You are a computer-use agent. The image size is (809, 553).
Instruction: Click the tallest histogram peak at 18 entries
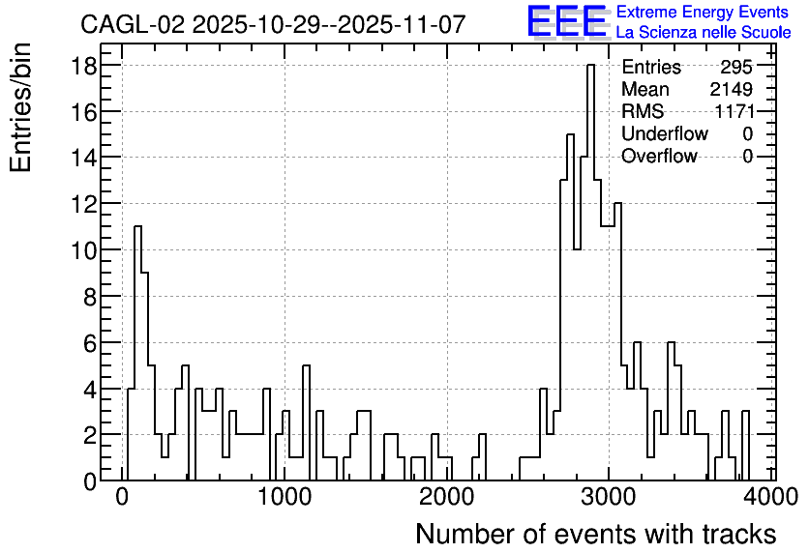[590, 66]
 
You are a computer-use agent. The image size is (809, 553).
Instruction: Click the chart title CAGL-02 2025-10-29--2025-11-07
[273, 24]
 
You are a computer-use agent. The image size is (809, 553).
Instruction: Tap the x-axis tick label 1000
[285, 497]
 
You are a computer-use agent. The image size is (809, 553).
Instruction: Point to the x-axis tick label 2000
[447, 497]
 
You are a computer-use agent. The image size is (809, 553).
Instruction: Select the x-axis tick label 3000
[609, 497]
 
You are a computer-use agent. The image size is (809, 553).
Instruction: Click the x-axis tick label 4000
[771, 497]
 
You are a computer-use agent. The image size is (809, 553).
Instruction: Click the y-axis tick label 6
[90, 343]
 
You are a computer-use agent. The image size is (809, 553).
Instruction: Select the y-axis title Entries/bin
[20, 107]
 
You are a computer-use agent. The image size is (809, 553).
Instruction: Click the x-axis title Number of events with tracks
[596, 534]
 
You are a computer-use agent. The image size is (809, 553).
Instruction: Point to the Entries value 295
[736, 67]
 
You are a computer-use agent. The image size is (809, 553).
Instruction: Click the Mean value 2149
[731, 89]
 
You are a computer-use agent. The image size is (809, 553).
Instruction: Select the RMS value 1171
[734, 111]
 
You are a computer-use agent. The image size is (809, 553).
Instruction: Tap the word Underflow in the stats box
[665, 133]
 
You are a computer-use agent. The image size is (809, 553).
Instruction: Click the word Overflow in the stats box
[659, 156]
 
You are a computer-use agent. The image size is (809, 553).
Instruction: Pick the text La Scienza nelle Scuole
[704, 33]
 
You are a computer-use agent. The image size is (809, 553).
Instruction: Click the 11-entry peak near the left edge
[137, 227]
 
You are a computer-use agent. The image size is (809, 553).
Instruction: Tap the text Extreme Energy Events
[703, 12]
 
